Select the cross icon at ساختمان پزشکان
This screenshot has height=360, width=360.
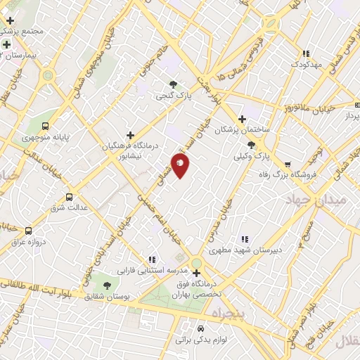(x=243, y=119)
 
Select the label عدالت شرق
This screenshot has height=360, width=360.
(x=67, y=209)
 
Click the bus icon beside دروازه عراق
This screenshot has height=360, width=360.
(x=28, y=230)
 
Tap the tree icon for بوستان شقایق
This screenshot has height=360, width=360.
(x=107, y=285)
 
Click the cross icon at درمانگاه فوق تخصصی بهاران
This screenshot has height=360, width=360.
(x=196, y=273)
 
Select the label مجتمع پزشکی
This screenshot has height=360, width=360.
(x=24, y=32)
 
